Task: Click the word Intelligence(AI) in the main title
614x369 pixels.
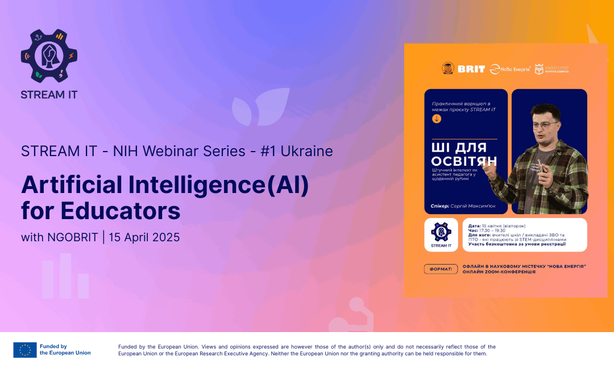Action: pos(215,185)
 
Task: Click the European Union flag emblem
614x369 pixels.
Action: pos(25,350)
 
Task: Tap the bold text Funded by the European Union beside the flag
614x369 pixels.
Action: pos(65,350)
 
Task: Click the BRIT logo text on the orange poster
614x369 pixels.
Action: pos(471,69)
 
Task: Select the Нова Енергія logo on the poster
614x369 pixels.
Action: pos(511,69)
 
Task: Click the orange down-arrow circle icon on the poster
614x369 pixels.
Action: pos(437,119)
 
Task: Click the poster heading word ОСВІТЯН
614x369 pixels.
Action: pos(463,161)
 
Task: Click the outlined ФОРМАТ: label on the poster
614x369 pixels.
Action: pos(441,269)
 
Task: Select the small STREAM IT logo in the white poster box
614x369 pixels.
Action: pos(441,234)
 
